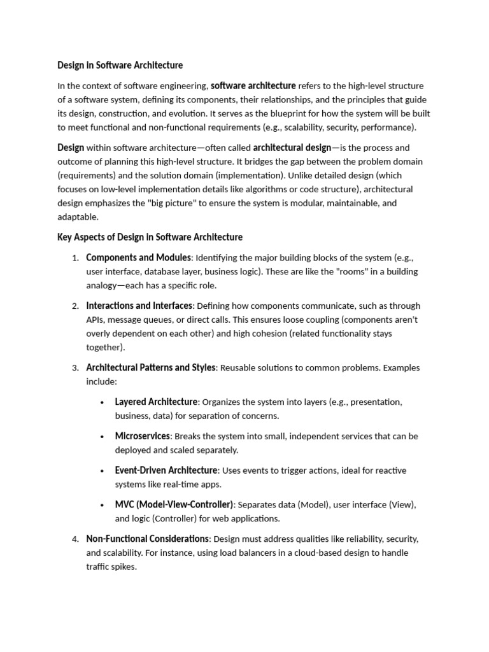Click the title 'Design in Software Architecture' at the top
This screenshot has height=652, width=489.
[x=120, y=65]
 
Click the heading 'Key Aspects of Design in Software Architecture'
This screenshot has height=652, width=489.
[x=150, y=237]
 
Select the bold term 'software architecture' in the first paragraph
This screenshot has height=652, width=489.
[x=253, y=85]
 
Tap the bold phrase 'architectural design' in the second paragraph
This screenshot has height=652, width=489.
[x=292, y=148]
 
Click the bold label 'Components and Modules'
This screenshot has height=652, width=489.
[x=138, y=258]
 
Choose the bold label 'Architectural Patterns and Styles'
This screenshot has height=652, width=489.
[x=151, y=367]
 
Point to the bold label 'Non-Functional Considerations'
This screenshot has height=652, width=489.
[x=147, y=539]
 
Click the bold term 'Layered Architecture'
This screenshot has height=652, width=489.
[x=156, y=402]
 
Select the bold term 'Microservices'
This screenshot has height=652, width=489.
[x=142, y=436]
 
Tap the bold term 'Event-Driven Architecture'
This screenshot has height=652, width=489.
[x=166, y=471]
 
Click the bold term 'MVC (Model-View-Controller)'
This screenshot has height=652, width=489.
[x=174, y=505]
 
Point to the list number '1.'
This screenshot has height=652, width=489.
[x=75, y=258]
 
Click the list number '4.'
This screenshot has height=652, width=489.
[x=75, y=539]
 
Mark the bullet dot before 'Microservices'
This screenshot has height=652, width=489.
[x=103, y=437]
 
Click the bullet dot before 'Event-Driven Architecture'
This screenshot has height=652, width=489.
[x=103, y=471]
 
